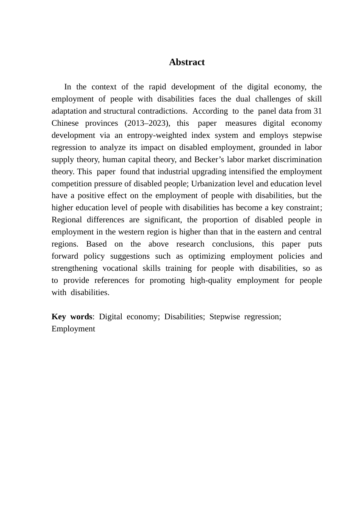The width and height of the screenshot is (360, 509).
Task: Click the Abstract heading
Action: (187, 62)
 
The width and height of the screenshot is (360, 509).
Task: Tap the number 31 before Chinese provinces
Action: (318, 111)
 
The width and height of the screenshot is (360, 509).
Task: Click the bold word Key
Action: (59, 317)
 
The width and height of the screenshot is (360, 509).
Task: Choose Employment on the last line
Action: (73, 329)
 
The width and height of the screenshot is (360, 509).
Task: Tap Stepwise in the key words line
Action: (224, 317)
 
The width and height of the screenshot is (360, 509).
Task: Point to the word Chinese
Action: (65, 123)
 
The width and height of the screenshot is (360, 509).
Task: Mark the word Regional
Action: (67, 220)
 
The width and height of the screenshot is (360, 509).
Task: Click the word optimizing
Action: (207, 256)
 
